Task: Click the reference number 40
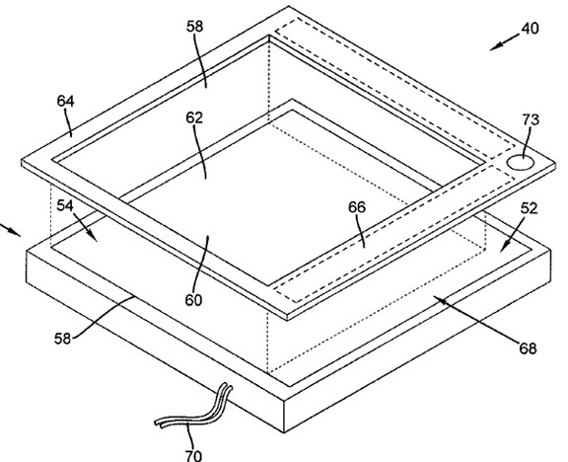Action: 530,29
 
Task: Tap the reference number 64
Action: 65,101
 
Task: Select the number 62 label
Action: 194,117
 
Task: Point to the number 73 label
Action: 531,119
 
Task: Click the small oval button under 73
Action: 521,162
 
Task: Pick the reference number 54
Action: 65,205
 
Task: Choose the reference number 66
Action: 357,207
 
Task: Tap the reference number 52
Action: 530,208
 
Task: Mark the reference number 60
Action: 193,300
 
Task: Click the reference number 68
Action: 528,348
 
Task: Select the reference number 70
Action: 193,455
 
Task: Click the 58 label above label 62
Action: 195,26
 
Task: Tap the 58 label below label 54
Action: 63,339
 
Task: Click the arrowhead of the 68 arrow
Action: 439,299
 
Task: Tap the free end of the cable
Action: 157,423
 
